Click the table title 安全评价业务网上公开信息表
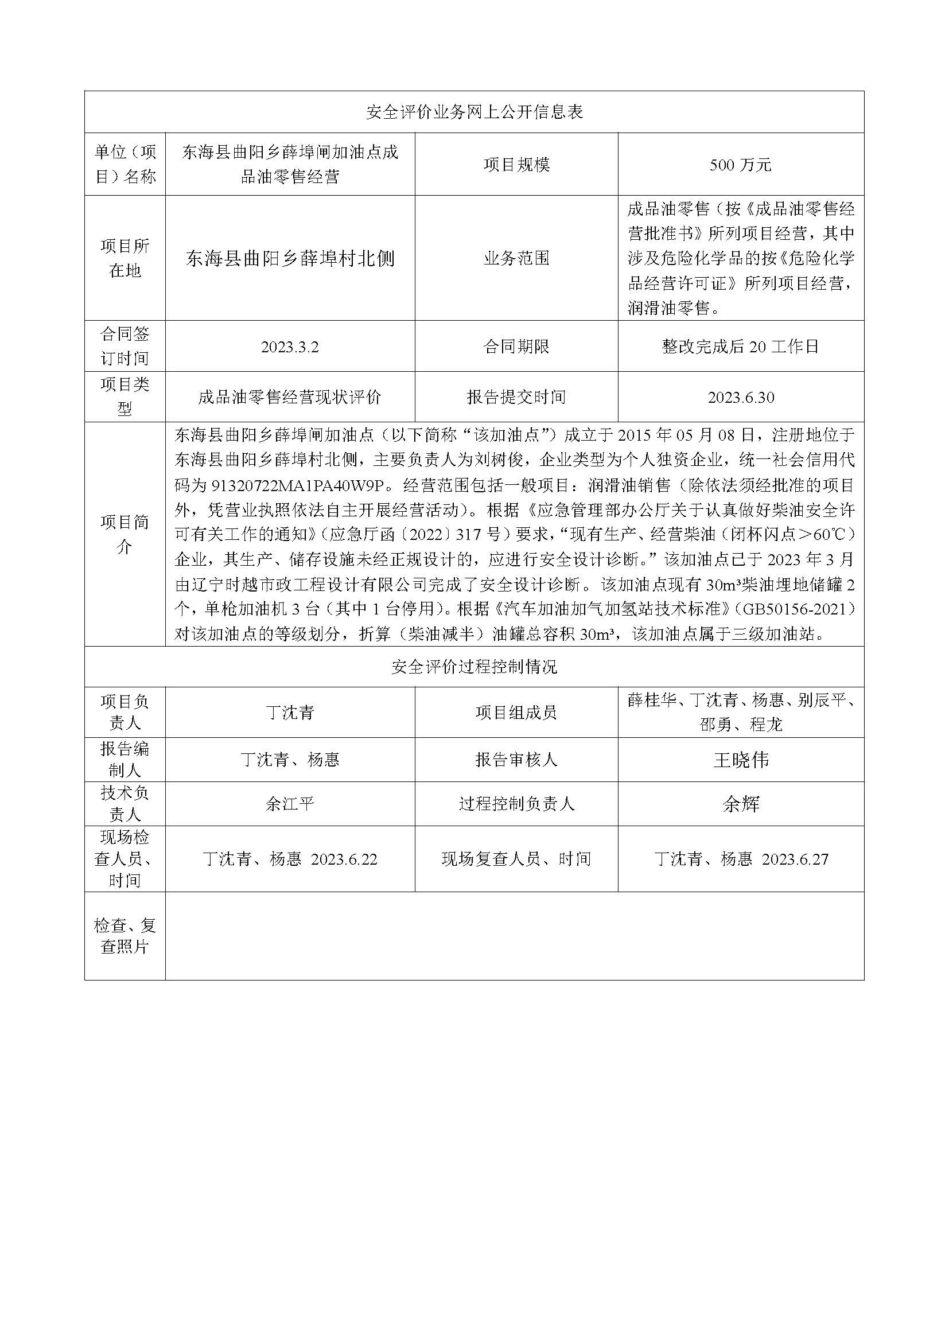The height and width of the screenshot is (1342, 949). click(474, 112)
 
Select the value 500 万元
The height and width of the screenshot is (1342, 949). click(740, 165)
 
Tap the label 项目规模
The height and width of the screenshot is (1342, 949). click(516, 165)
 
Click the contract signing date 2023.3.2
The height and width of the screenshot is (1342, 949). click(290, 347)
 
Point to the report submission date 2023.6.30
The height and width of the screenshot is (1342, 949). click(740, 398)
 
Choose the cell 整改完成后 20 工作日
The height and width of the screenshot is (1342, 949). click(740, 347)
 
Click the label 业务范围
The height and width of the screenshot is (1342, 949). click(516, 258)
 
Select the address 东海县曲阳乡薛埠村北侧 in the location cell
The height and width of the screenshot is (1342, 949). click(290, 258)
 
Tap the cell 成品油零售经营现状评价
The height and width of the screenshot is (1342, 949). click(290, 398)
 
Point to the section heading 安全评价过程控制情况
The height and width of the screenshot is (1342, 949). click(474, 667)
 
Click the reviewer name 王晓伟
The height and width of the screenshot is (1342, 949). click(740, 760)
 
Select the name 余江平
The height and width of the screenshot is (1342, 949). click(290, 804)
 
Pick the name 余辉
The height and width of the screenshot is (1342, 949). click(740, 804)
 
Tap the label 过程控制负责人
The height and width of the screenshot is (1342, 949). click(516, 804)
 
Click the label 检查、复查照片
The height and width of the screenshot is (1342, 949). click(125, 936)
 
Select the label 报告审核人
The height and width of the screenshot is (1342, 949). click(516, 760)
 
